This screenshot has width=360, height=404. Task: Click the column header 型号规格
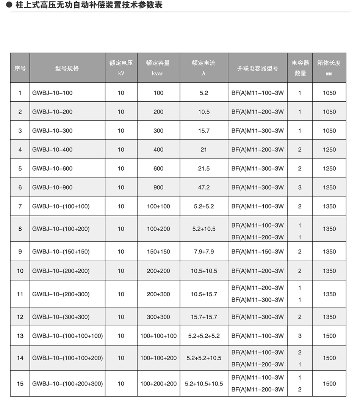(x=67, y=68)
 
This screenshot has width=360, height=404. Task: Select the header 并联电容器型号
(x=258, y=68)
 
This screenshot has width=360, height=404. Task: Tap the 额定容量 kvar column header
(x=158, y=68)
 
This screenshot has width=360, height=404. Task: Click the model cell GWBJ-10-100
(x=52, y=93)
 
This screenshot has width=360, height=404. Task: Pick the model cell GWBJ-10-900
(x=52, y=187)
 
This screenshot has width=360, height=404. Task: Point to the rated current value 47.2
(x=204, y=187)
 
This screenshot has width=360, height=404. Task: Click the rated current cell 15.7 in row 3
(x=204, y=130)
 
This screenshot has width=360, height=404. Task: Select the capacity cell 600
(x=158, y=168)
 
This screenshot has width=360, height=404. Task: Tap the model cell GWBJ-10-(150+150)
(x=61, y=252)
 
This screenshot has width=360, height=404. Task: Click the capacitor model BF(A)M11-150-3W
(x=258, y=252)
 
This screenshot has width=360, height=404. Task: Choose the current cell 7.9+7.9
(x=204, y=252)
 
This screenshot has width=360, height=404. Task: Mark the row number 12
(x=20, y=317)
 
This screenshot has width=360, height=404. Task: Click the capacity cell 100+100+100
(x=158, y=336)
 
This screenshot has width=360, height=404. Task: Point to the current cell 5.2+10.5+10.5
(x=204, y=384)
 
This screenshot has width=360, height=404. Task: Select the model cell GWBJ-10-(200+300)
(x=61, y=294)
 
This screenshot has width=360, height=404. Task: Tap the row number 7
(x=20, y=206)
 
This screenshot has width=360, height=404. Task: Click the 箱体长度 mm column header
(x=329, y=68)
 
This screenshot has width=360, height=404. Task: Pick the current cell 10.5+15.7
(x=204, y=294)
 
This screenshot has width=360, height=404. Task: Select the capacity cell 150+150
(x=158, y=252)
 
